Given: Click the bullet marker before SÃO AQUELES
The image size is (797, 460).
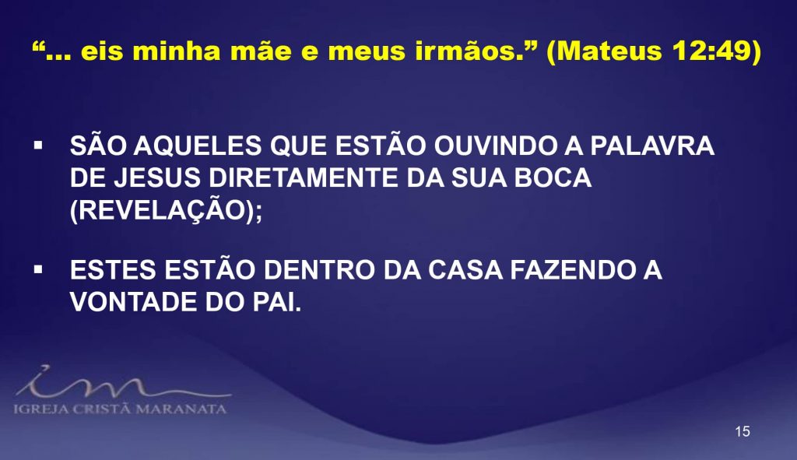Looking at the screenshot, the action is pos(38,146).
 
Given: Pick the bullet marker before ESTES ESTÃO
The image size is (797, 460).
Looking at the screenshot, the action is pos(38,269).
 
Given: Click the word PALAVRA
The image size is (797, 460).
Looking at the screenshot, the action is pos(652,146).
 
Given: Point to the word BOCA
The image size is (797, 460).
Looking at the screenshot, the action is pos(553,178).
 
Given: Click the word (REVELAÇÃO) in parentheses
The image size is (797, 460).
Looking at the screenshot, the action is pos(163,209).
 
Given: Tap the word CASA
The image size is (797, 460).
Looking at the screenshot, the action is pos(465,270).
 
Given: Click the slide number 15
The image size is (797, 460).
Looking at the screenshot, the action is pos(742,431).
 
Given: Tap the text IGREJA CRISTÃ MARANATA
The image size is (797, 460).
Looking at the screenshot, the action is pos(120,409).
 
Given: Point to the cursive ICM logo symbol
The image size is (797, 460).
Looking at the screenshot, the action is pos(122,382).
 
